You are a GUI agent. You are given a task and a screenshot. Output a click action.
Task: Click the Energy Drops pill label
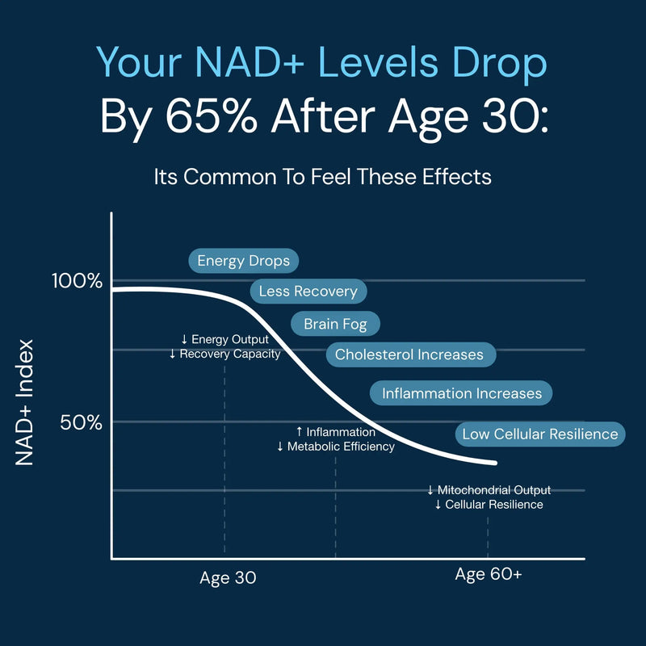click(244, 262)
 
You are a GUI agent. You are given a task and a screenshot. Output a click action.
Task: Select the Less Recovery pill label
click(308, 292)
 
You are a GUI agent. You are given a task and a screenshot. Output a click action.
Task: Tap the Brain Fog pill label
click(335, 325)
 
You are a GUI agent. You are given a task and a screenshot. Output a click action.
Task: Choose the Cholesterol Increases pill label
click(409, 354)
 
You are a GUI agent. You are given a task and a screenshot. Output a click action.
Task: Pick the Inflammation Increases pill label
click(462, 393)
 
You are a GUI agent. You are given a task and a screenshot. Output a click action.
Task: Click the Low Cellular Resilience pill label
click(540, 434)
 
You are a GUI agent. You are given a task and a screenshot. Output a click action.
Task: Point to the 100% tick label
click(77, 281)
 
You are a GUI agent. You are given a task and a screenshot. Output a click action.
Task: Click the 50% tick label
click(81, 422)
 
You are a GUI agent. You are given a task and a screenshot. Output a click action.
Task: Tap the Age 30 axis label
click(228, 578)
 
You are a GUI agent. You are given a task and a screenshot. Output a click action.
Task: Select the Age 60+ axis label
click(489, 574)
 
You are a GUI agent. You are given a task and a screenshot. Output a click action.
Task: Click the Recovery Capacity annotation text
click(230, 354)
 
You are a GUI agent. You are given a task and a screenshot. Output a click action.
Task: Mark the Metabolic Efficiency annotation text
click(342, 447)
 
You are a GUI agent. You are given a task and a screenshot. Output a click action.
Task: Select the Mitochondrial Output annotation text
click(494, 490)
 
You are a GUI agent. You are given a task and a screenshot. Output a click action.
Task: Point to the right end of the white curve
click(495, 463)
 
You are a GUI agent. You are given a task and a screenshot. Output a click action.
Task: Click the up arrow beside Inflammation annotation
click(300, 432)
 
